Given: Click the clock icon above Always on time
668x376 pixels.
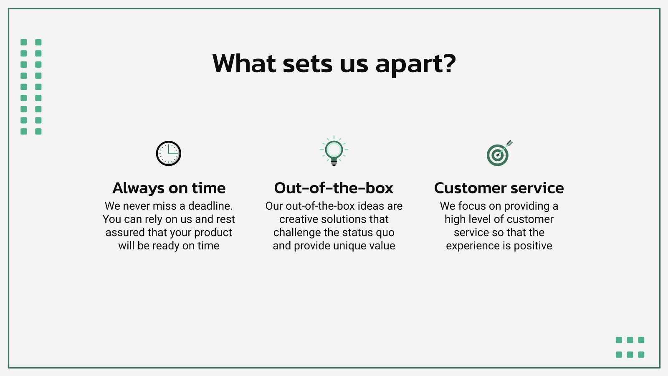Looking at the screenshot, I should click(x=168, y=153).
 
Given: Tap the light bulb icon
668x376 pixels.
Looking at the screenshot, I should click(x=334, y=151).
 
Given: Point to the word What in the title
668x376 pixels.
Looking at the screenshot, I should click(x=244, y=64).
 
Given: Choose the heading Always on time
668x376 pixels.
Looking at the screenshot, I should click(x=169, y=188).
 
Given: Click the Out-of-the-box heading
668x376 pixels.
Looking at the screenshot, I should click(x=334, y=188).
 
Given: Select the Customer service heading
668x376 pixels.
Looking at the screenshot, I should click(x=499, y=188).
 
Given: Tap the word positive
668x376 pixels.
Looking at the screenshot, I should click(x=533, y=246).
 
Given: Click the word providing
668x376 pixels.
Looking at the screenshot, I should click(x=526, y=206).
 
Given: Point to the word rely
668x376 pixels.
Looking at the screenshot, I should click(x=153, y=219).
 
